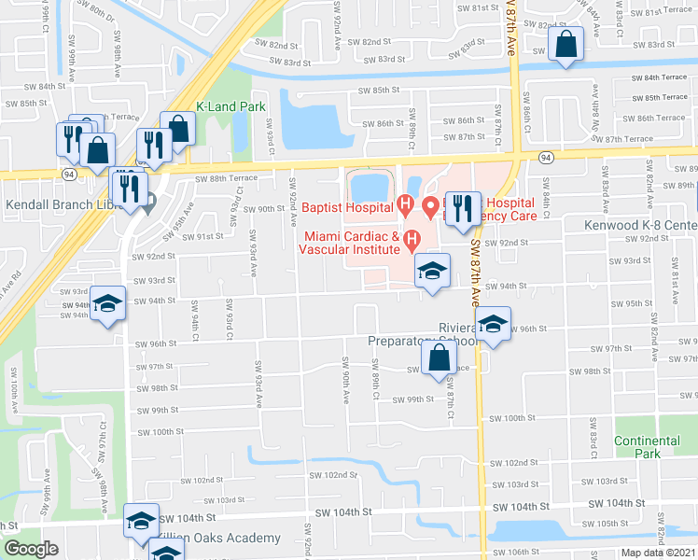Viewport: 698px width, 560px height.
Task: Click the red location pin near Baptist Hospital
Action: tap(430, 205)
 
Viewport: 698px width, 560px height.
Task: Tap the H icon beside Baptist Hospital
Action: tap(405, 203)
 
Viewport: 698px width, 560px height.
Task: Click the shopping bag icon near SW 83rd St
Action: tap(566, 44)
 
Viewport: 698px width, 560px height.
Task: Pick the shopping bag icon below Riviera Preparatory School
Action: tap(439, 357)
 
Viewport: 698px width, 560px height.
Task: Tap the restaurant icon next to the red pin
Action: tap(462, 208)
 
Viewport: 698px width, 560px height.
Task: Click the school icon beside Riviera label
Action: tap(493, 324)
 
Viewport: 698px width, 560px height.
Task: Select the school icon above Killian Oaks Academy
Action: tap(141, 519)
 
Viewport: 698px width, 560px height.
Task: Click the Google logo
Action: tap(31, 549)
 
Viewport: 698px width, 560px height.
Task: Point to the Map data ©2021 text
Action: tap(658, 553)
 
